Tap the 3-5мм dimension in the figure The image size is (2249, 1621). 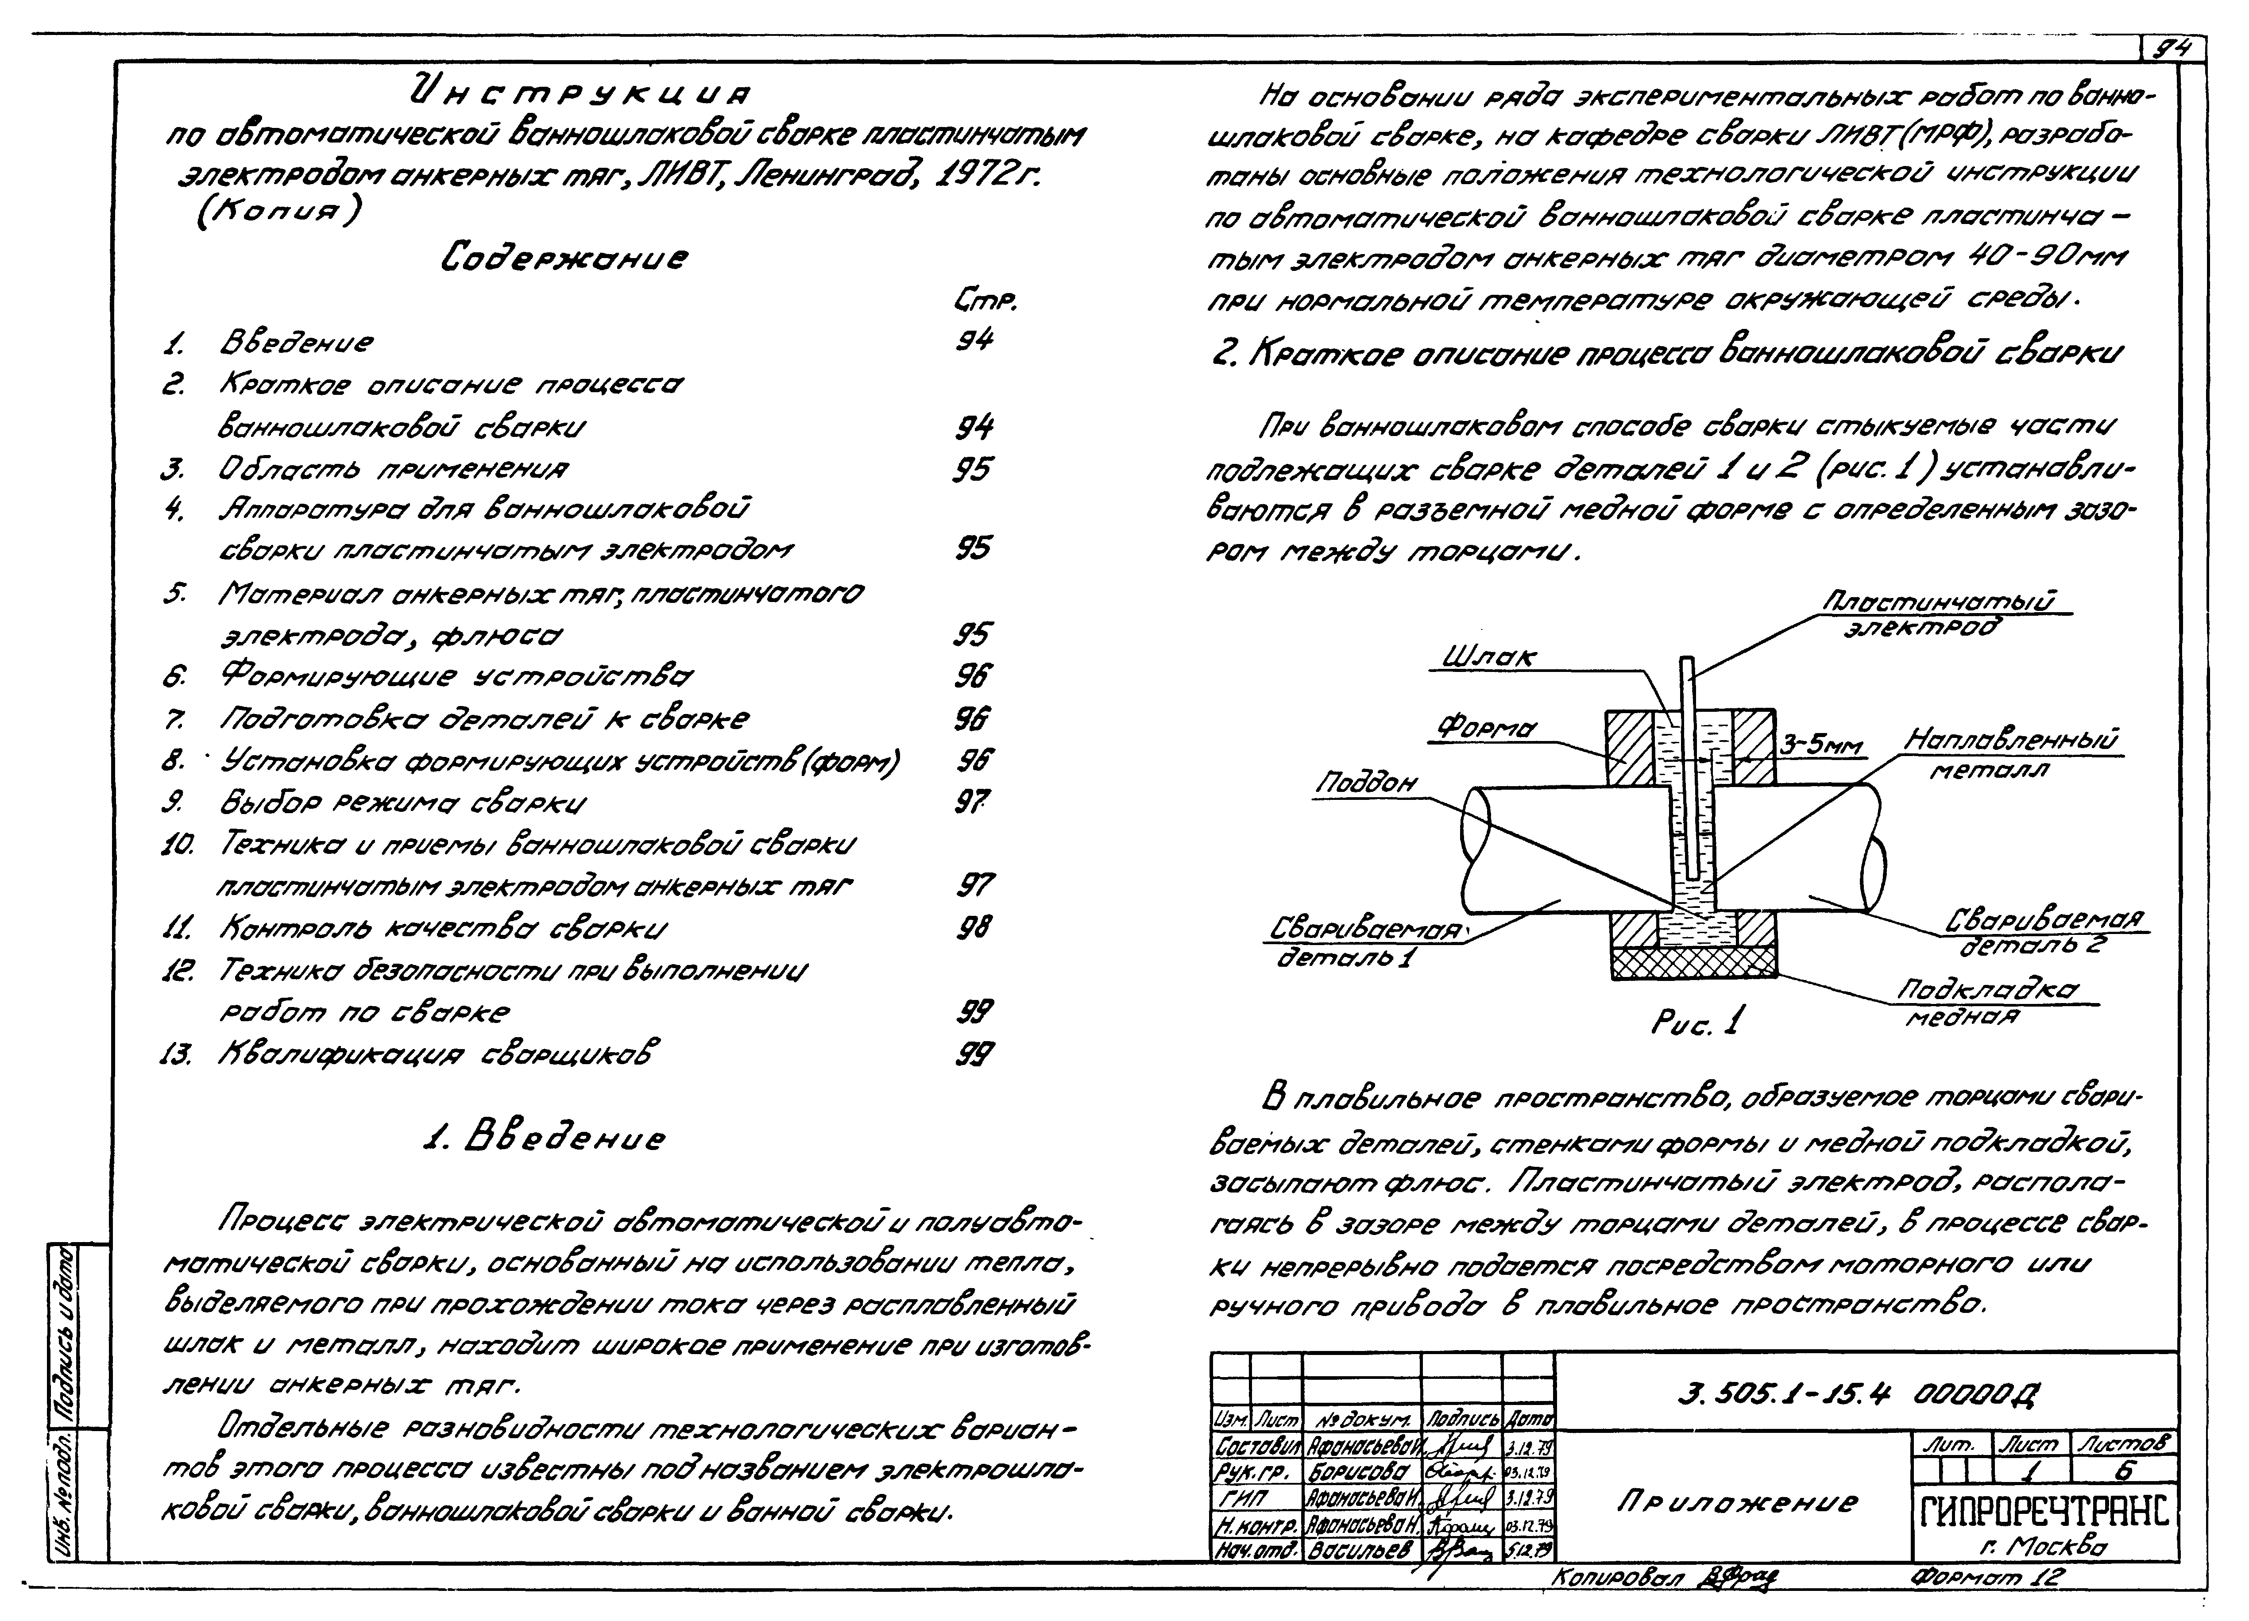[x=1820, y=745]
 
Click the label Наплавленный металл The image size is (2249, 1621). [x=2011, y=753]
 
